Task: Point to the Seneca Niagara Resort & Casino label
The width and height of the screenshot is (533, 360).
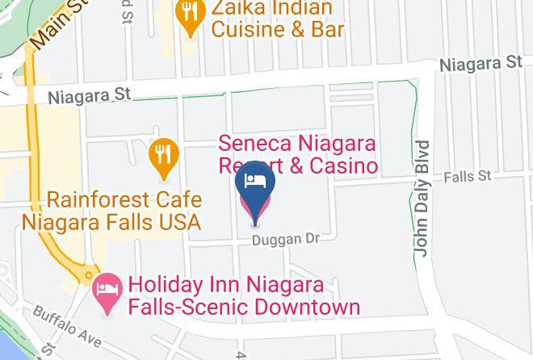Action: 299,155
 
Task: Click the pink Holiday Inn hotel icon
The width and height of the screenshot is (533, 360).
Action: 108,287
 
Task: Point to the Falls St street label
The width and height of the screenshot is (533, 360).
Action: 472,175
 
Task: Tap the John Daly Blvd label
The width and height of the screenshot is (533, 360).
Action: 423,199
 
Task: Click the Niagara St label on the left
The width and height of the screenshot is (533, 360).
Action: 89,97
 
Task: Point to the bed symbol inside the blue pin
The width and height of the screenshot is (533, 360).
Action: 255,179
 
